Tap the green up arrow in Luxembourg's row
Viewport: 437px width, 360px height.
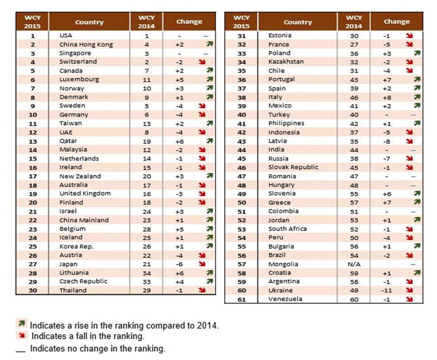(209, 80)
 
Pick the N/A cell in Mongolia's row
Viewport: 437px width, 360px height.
(354, 264)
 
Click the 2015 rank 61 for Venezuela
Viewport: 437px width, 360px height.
(241, 299)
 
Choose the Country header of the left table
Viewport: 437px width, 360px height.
(89, 22)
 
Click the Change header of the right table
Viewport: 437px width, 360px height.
(396, 21)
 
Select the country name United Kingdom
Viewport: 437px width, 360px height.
(85, 194)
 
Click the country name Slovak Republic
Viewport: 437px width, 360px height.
(293, 167)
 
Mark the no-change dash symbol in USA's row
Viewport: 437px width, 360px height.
(206, 35)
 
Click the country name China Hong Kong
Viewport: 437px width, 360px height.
(86, 45)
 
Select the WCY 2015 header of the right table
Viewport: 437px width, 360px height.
(241, 21)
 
